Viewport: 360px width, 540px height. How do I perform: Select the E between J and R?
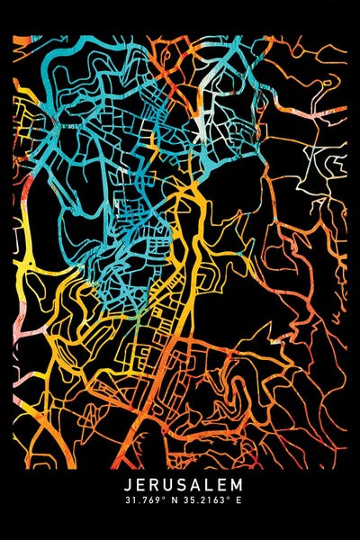click(x=131, y=484)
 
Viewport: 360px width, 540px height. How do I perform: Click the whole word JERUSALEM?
click(x=181, y=484)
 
